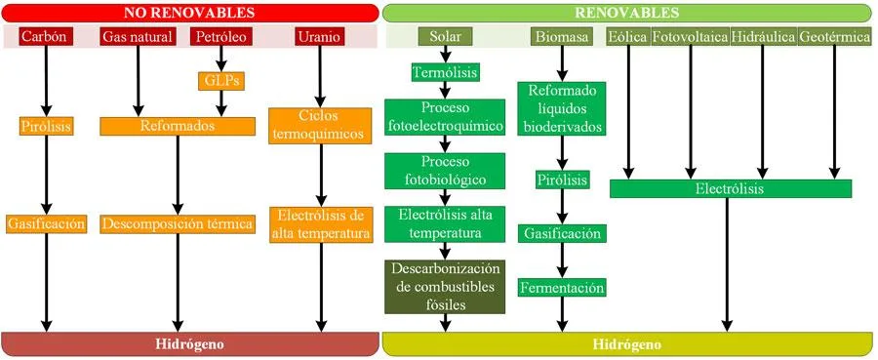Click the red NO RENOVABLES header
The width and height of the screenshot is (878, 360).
pyautogui.click(x=189, y=13)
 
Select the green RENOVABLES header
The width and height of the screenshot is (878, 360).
pyautogui.click(x=626, y=13)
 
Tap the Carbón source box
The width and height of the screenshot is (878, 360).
pyautogui.click(x=45, y=37)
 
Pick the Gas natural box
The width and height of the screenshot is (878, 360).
pyautogui.click(x=138, y=37)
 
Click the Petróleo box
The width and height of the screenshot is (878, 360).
pyautogui.click(x=220, y=37)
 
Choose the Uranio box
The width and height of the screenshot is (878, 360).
pyautogui.click(x=320, y=37)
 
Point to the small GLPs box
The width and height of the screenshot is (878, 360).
pyautogui.click(x=219, y=81)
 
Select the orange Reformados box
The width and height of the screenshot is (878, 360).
pyautogui.click(x=177, y=126)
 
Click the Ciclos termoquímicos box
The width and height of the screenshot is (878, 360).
pyautogui.click(x=320, y=125)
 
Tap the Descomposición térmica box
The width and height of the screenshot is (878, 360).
pyautogui.click(x=177, y=223)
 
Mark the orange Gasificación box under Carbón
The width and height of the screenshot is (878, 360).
pyautogui.click(x=46, y=223)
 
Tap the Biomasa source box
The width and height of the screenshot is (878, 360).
pyautogui.click(x=562, y=37)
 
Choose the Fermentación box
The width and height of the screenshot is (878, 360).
pyautogui.click(x=562, y=288)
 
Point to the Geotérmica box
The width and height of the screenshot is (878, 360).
pyautogui.click(x=834, y=37)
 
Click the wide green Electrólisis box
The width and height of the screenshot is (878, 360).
pyautogui.click(x=730, y=188)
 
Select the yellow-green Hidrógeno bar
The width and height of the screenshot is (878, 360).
pyautogui.click(x=626, y=344)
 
